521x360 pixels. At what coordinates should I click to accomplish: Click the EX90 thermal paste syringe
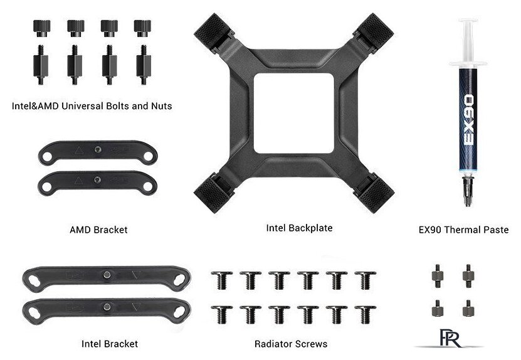[468, 113]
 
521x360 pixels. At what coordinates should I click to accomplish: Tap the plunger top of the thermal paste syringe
[468, 21]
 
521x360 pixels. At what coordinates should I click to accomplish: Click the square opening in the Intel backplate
[293, 113]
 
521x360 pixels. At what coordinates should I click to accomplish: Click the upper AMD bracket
[98, 152]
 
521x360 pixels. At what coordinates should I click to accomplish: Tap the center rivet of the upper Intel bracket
[107, 275]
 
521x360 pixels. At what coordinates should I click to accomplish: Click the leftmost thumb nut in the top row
[42, 28]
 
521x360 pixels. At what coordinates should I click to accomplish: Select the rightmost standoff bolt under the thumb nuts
[144, 65]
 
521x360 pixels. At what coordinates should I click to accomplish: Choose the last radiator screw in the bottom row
[366, 314]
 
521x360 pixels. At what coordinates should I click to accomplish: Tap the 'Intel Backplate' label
[300, 228]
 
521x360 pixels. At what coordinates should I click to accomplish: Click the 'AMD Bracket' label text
[98, 230]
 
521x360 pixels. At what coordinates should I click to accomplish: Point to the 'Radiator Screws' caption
[291, 344]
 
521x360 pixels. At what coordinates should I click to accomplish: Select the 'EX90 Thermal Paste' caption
[463, 230]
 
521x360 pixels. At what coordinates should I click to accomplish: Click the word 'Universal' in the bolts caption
[82, 106]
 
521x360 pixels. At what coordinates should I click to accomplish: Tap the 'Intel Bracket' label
[110, 344]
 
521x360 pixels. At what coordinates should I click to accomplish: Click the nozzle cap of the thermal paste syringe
[468, 191]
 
